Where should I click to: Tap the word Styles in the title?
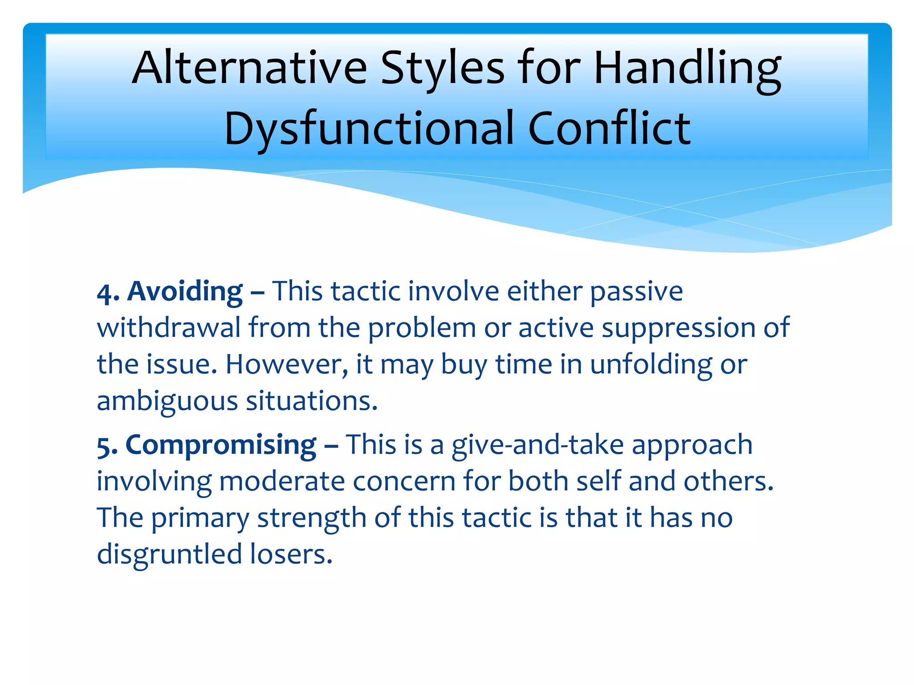[442, 68]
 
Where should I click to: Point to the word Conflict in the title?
[609, 129]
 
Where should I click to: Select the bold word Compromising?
[220, 445]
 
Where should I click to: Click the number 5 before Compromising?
[104, 446]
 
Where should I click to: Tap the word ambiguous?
[167, 401]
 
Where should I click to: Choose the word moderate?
[282, 482]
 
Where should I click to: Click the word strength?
[312, 519]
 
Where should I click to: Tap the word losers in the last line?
[291, 555]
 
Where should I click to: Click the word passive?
[636, 292]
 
